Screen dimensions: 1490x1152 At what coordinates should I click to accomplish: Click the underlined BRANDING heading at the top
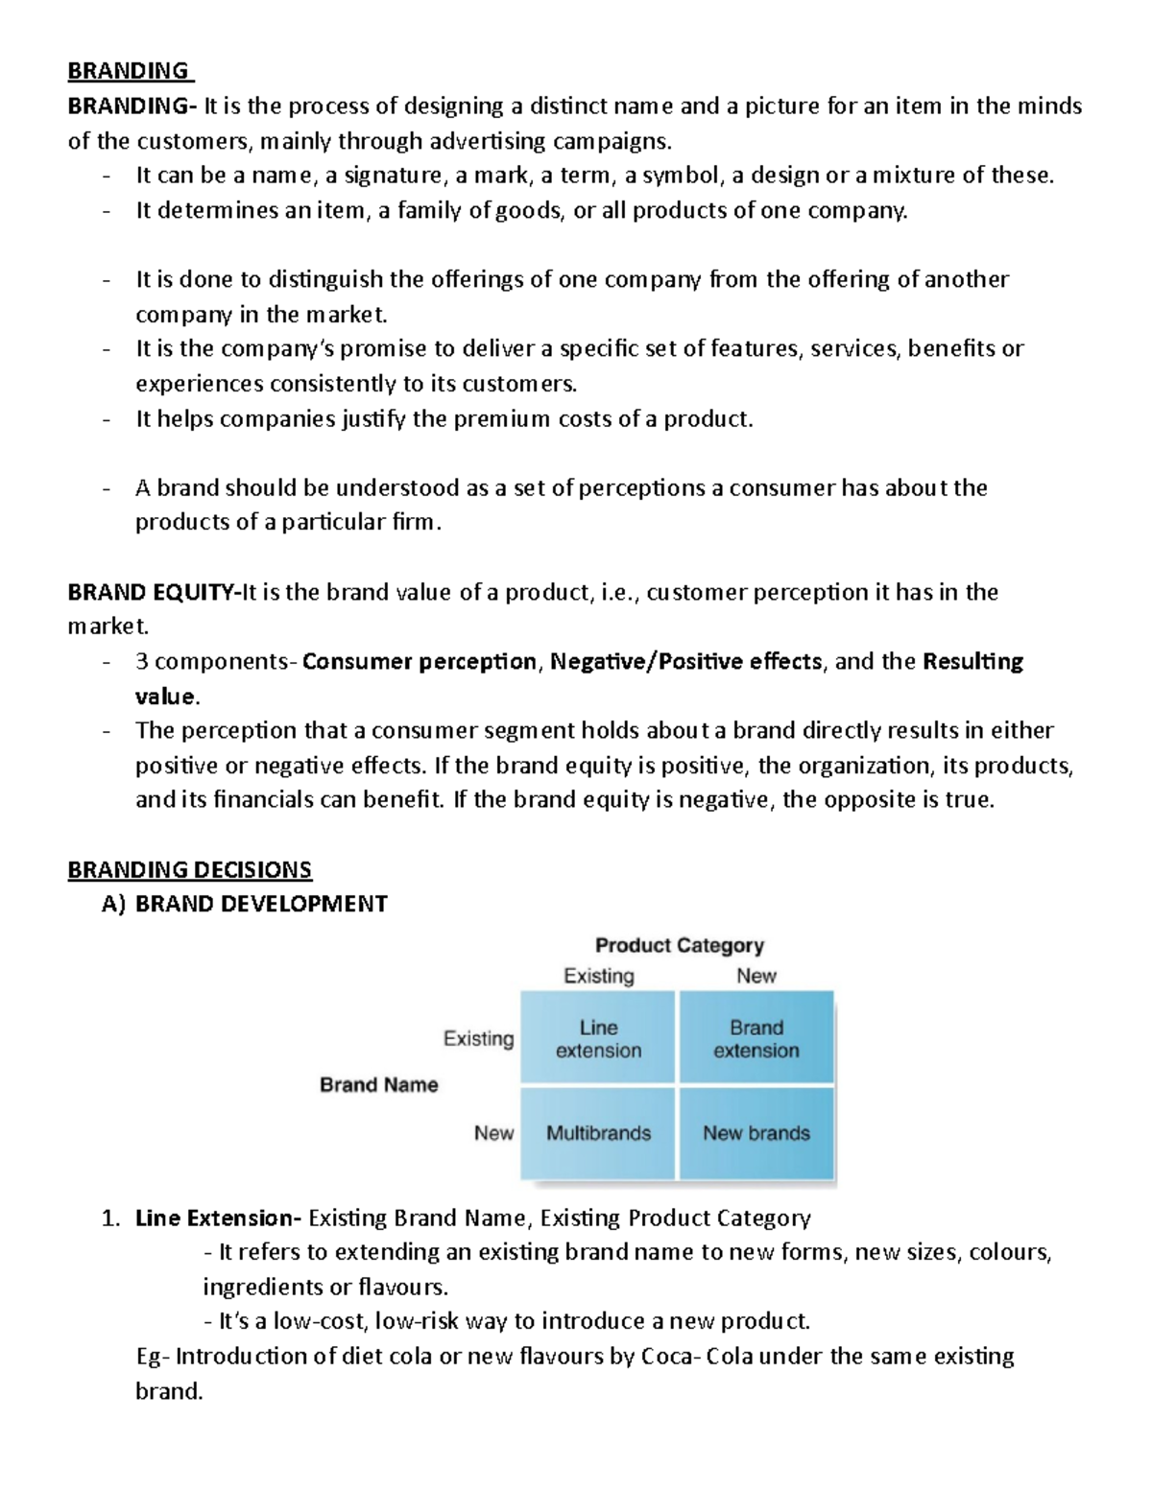coord(129,71)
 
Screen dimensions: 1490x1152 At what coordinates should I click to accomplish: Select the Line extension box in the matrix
coord(598,1038)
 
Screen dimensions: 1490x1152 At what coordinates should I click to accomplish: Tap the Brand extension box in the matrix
coord(756,1038)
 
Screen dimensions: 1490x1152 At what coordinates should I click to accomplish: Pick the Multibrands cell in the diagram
coord(598,1133)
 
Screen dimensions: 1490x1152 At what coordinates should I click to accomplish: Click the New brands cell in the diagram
coord(756,1133)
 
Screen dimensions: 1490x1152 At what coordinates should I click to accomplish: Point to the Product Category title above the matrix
coord(680,945)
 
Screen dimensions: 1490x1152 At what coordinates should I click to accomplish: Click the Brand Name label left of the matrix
coord(378,1085)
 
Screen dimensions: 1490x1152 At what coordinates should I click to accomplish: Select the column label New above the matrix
coord(756,976)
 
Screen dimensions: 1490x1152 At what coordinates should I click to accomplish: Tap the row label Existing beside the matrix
coord(478,1038)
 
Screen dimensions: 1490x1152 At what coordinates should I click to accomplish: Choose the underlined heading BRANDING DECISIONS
coord(189,869)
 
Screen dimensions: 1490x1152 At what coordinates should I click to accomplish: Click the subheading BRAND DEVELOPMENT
coord(261,904)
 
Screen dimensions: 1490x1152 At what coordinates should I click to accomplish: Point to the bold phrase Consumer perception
coord(420,661)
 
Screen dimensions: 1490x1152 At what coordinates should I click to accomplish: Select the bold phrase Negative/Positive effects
coord(685,661)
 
